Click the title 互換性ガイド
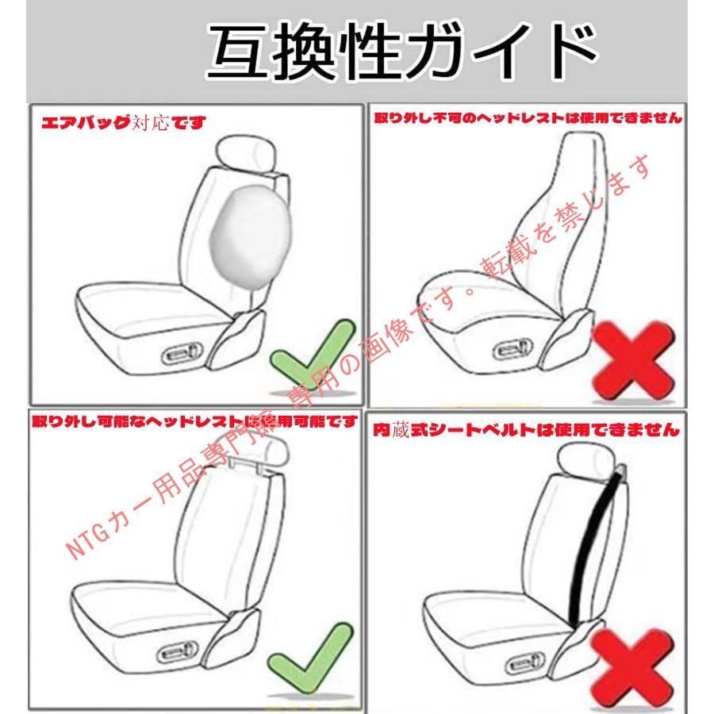[402, 51]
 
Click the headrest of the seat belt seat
[586, 460]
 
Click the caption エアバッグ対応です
[124, 122]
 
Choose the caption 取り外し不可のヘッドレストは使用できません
[528, 117]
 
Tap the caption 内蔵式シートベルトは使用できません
[526, 429]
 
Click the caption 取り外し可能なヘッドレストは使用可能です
[194, 421]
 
